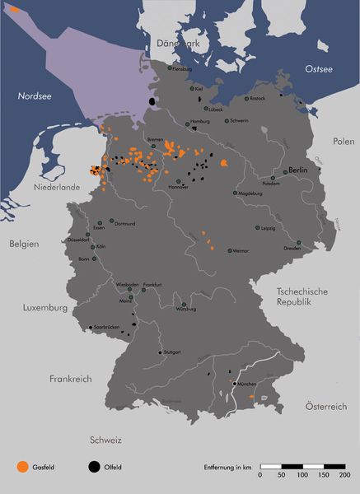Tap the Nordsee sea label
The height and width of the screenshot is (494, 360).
35,96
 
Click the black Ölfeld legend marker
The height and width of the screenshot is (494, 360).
89,467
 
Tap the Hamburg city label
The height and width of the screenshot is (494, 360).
201,122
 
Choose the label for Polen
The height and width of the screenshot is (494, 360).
344,142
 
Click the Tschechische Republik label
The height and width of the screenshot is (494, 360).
303,296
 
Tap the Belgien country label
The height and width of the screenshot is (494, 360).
25,245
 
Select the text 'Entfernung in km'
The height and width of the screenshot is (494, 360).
228,467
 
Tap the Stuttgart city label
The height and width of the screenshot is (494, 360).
172,352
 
